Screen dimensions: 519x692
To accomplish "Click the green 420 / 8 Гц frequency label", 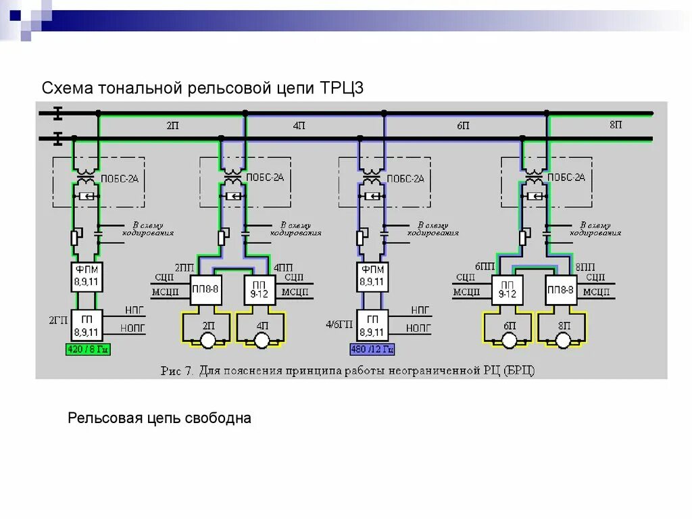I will [87, 349].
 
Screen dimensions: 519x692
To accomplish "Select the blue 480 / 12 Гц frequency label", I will [372, 349].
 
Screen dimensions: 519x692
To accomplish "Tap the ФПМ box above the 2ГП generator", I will [86, 276].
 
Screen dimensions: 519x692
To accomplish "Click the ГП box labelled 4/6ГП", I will [372, 326].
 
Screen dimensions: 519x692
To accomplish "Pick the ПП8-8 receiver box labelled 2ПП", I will [205, 289].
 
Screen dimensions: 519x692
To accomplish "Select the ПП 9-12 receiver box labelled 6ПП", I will [508, 289].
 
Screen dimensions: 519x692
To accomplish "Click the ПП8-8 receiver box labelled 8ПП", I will [561, 289].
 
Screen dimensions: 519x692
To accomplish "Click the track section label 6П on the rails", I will [463, 126].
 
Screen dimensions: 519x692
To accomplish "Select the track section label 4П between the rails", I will [299, 126].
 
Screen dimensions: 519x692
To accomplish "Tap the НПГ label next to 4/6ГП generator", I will [416, 311].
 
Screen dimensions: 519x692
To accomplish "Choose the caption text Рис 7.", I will [178, 370].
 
